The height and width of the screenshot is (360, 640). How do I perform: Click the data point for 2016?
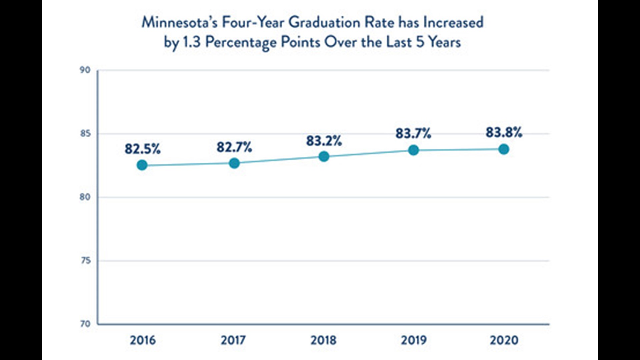142,165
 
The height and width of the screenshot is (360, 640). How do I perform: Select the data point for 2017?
234,163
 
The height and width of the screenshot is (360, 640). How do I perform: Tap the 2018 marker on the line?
324,156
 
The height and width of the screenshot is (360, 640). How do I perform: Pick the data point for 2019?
413,150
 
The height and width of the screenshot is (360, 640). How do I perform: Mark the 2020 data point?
504,149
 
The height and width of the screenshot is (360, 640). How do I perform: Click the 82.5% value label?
143,149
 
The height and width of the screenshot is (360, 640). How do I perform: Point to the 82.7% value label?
234,147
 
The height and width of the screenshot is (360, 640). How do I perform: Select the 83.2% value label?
324,141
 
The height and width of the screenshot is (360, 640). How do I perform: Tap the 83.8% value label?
504,132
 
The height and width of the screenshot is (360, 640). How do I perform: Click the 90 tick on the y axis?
85,70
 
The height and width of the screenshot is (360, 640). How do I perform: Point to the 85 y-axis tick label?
85,134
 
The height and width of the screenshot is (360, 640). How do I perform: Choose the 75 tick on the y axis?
85,261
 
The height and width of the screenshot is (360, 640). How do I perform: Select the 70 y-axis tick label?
85,324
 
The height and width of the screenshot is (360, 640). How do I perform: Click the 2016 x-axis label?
143,340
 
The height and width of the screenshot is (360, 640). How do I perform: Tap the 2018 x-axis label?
324,340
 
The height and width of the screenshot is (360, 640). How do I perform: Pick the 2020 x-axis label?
504,340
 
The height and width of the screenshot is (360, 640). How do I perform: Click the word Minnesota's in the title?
179,23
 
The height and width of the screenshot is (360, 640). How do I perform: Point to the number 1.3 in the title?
192,42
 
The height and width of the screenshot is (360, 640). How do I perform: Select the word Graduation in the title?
324,23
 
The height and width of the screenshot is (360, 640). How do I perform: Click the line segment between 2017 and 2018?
279,160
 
